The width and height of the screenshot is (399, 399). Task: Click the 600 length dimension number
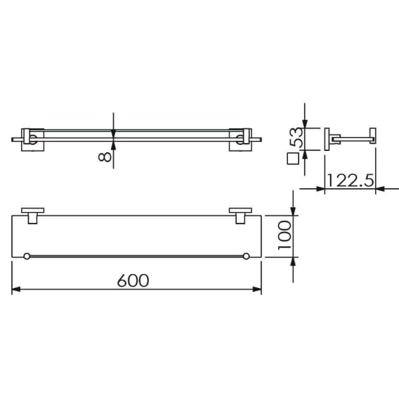tap(133, 280)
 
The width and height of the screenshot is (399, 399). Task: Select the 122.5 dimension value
tap(350, 180)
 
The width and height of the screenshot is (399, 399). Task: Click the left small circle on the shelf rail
tap(26, 257)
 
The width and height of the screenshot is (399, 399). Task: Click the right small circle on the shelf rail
tap(246, 257)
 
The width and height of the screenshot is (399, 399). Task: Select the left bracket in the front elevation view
tap(32, 138)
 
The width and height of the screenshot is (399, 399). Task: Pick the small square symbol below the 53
tap(290, 159)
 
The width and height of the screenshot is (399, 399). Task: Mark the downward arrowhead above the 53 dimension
tap(305, 123)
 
